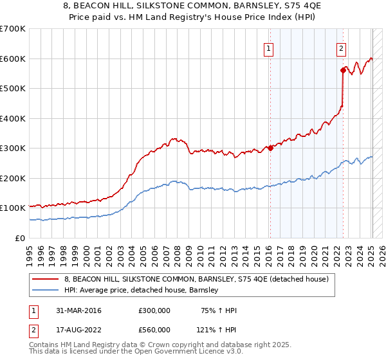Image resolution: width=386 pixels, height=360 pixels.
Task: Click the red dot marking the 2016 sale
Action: click(x=270, y=148)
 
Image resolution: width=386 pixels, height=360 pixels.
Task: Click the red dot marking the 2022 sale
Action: click(x=343, y=70)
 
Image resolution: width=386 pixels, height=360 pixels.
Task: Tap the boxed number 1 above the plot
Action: click(x=268, y=48)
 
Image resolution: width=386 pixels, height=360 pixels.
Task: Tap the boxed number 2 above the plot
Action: click(x=340, y=48)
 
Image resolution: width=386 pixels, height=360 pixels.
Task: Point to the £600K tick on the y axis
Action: click(x=13, y=59)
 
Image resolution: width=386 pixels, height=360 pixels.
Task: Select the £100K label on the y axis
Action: click(x=13, y=208)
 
